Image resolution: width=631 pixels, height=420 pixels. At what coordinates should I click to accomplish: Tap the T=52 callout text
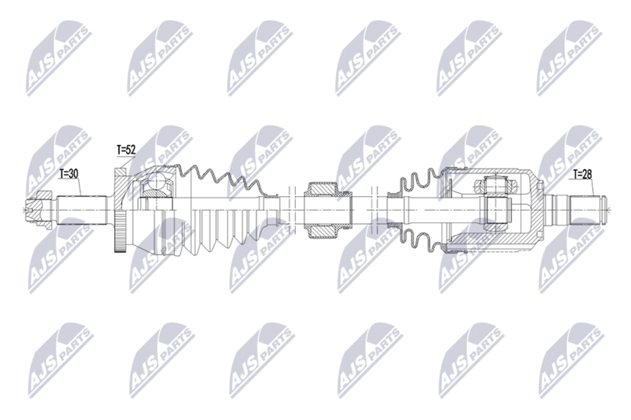point(126,149)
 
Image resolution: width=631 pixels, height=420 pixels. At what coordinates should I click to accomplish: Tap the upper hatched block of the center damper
point(322,190)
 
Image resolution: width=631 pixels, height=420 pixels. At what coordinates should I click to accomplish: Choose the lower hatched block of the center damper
point(322,232)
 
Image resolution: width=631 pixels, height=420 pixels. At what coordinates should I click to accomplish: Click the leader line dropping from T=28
point(573,189)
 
